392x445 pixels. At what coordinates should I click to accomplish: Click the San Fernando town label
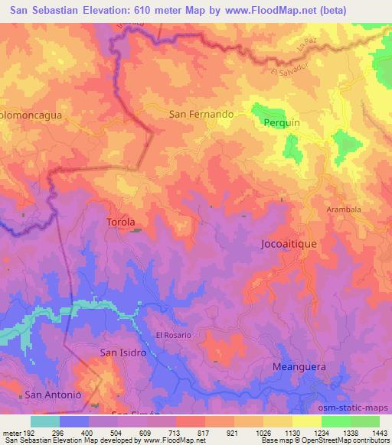pos(201,114)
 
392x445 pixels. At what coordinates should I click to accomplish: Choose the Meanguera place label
pos(299,367)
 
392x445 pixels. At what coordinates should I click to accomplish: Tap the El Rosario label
pos(173,335)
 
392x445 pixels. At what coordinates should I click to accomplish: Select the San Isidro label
pos(122,352)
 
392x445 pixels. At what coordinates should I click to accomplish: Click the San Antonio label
pos(53,395)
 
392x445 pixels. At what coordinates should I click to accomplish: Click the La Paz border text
pos(306,51)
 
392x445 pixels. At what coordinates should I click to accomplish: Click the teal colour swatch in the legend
pos(44,421)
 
